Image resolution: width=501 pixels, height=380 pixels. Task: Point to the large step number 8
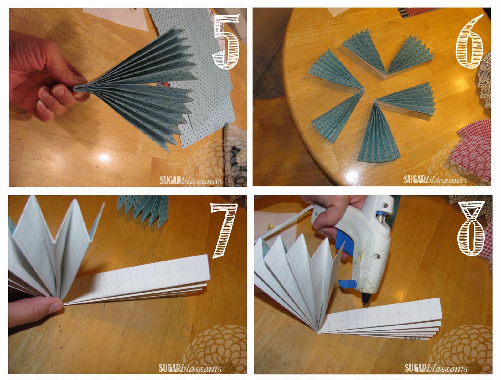pyautogui.click(x=471, y=228)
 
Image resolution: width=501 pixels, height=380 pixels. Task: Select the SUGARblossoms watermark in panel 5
pyautogui.click(x=191, y=180)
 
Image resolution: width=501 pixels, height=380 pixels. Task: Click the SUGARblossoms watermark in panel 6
pyautogui.click(x=435, y=179)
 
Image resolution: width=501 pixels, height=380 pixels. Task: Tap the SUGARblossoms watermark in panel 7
pyautogui.click(x=190, y=368)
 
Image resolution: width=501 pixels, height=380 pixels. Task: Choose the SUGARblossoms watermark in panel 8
pyautogui.click(x=436, y=367)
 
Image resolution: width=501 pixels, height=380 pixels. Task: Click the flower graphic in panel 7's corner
pyautogui.click(x=216, y=348)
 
